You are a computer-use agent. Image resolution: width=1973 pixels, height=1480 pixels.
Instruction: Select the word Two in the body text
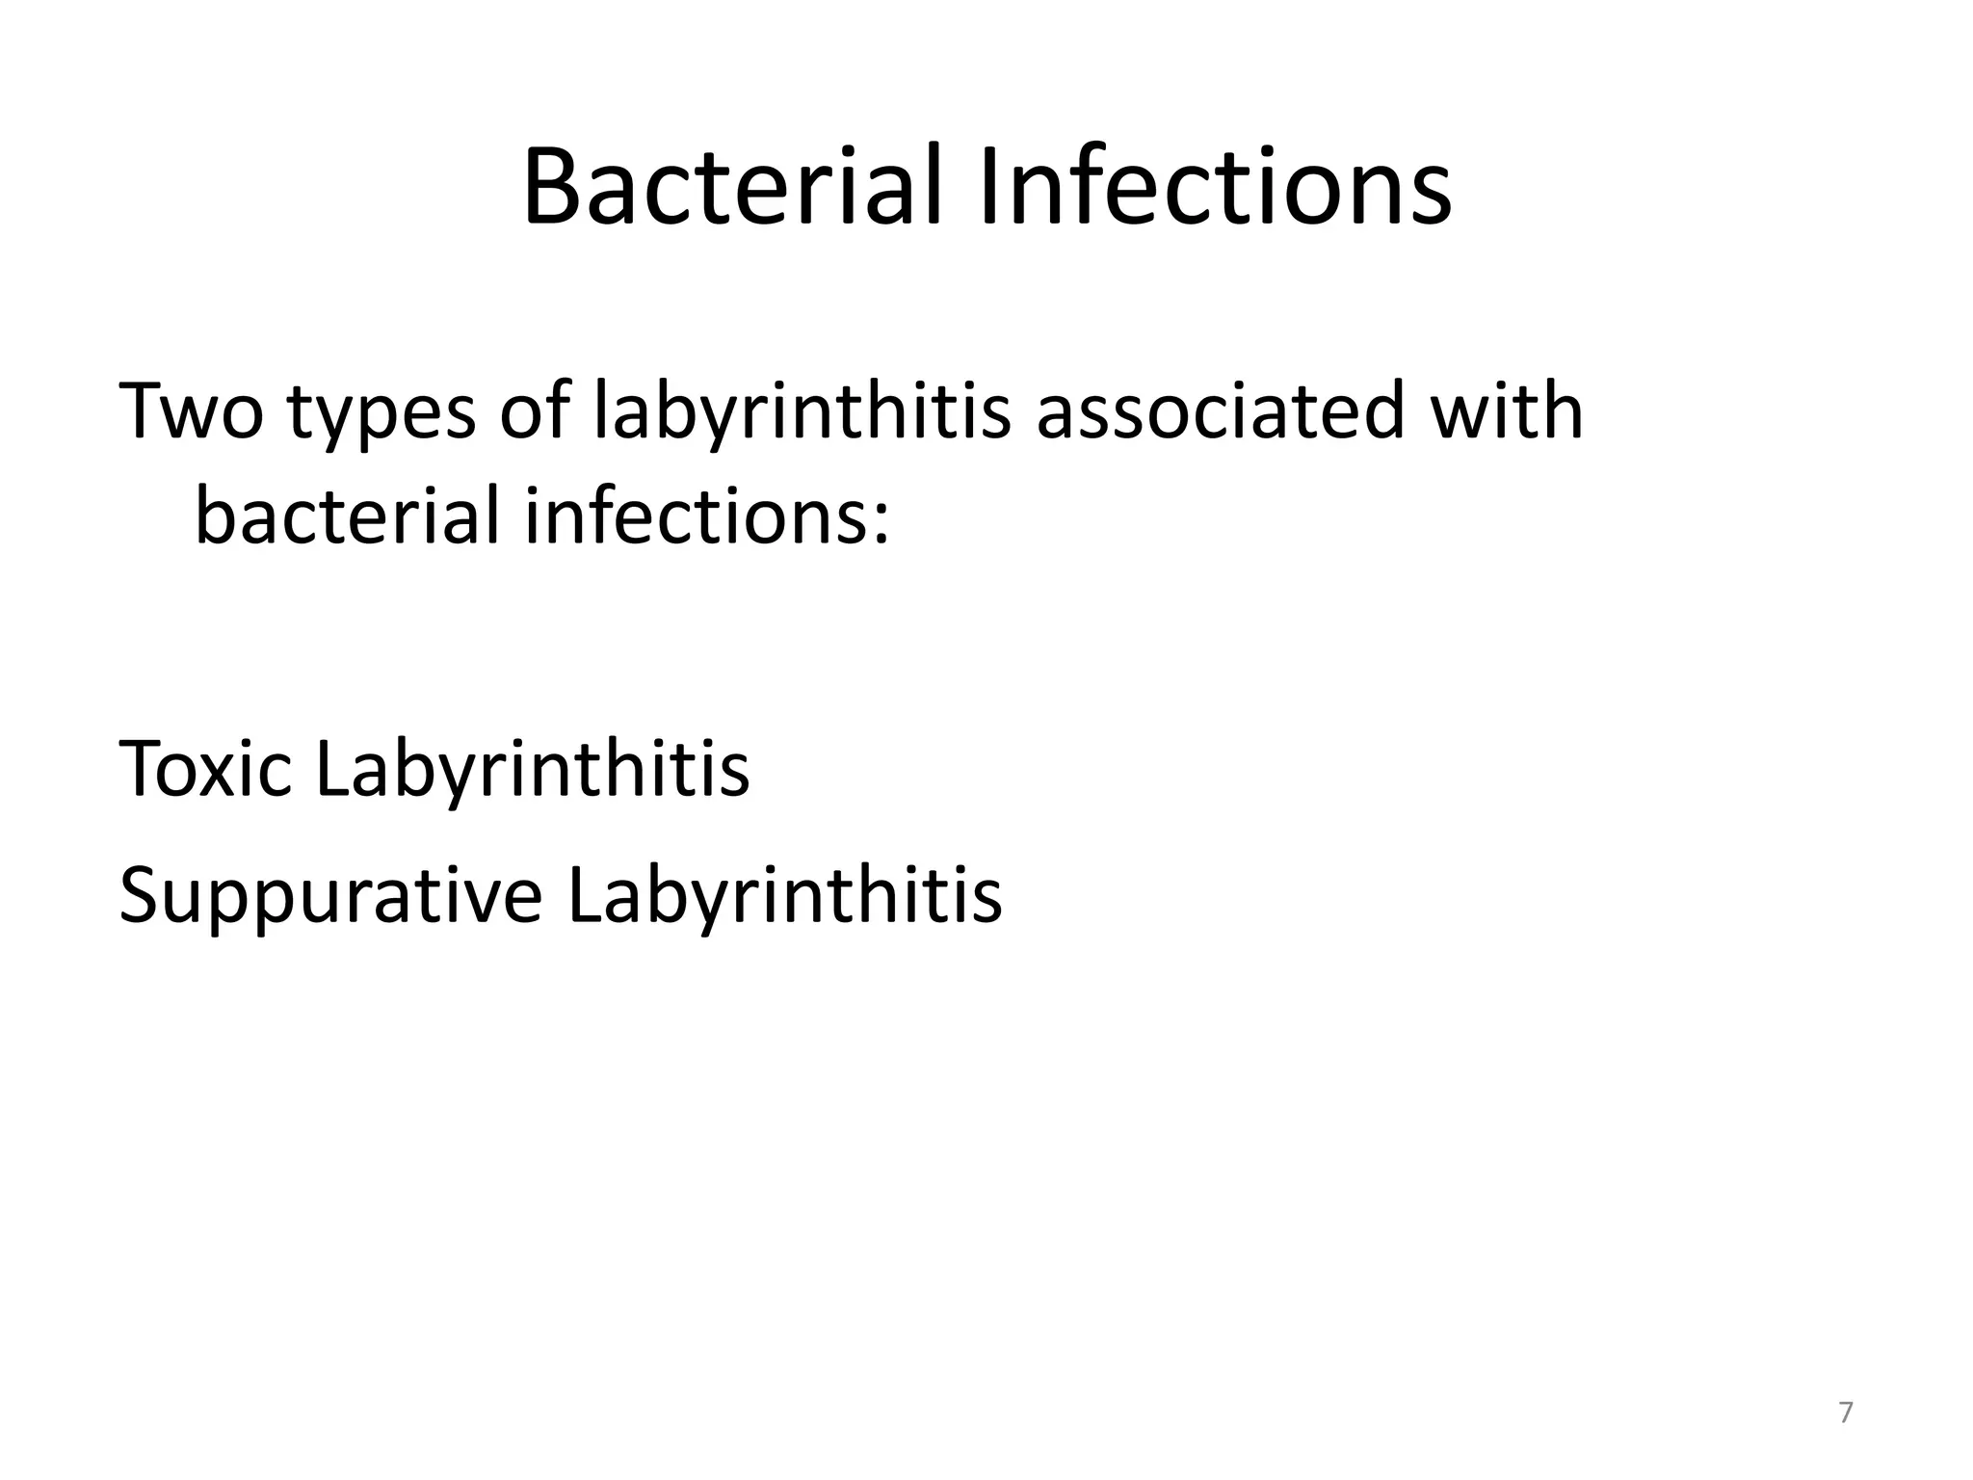pos(191,411)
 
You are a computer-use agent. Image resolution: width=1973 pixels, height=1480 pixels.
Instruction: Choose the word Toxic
pos(204,769)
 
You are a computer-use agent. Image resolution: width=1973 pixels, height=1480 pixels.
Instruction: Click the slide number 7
pos(1846,1413)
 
